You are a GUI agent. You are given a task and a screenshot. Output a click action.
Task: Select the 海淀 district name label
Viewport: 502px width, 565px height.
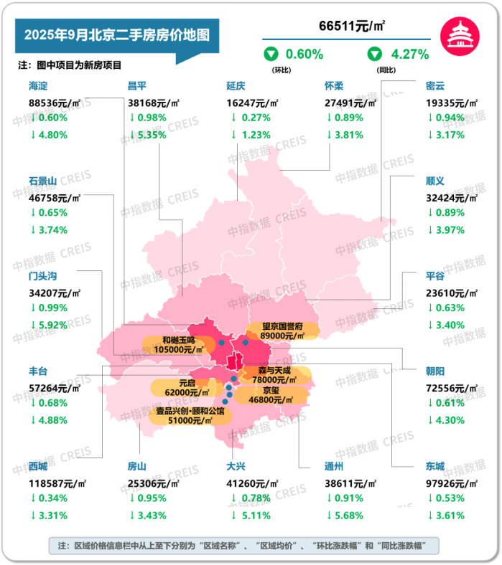click(39, 85)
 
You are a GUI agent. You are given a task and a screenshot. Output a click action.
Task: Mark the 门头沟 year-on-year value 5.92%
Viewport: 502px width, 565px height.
click(52, 325)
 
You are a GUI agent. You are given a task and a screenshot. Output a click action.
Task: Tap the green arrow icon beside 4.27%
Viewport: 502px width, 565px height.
click(375, 54)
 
